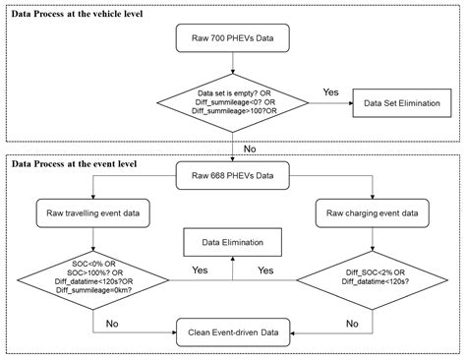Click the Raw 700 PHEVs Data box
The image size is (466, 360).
click(x=232, y=43)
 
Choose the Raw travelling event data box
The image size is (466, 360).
click(x=94, y=211)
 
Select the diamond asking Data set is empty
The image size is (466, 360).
click(x=232, y=102)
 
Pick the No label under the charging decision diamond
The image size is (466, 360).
click(x=351, y=322)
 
